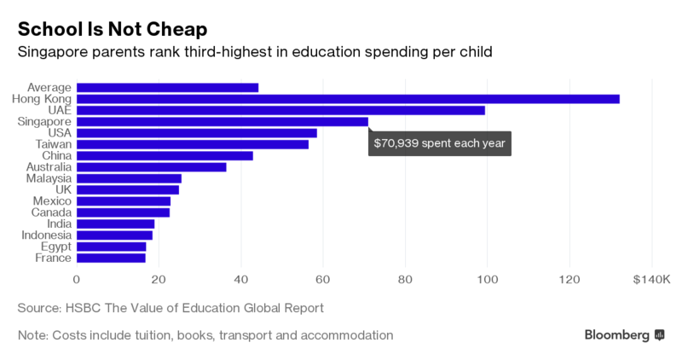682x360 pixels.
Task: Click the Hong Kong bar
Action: [x=348, y=99]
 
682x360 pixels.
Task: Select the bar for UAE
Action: [x=280, y=110]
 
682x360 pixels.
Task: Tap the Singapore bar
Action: [x=223, y=122]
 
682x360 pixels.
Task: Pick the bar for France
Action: [x=111, y=258]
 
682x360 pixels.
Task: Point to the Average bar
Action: [x=167, y=87]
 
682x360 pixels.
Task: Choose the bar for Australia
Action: [x=152, y=167]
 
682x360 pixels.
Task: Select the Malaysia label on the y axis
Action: [x=46, y=178]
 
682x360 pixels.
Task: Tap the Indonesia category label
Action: [x=44, y=235]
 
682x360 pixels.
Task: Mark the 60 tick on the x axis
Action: [x=323, y=279]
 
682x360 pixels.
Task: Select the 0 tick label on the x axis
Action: [x=77, y=279]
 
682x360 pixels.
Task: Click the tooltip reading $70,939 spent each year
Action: [x=439, y=142]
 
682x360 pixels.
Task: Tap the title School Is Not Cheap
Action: [x=113, y=28]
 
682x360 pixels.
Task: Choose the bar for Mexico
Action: [x=124, y=201]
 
